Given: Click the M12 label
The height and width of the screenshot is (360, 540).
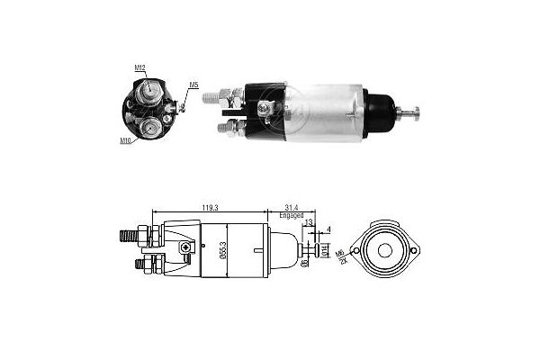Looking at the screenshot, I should tap(139, 67).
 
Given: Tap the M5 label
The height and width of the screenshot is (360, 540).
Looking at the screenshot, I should tap(193, 85).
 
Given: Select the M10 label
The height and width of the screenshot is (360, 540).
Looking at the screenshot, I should tap(125, 140).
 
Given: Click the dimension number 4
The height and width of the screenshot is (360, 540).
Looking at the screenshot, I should tap(328, 230).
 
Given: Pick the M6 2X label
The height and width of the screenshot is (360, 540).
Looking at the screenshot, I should tap(342, 258).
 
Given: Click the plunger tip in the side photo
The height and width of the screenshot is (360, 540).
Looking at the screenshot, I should tap(416, 112).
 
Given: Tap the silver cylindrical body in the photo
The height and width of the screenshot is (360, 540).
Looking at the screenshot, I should tap(324, 112).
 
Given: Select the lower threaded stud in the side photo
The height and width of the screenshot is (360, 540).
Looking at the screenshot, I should tap(226, 129).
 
